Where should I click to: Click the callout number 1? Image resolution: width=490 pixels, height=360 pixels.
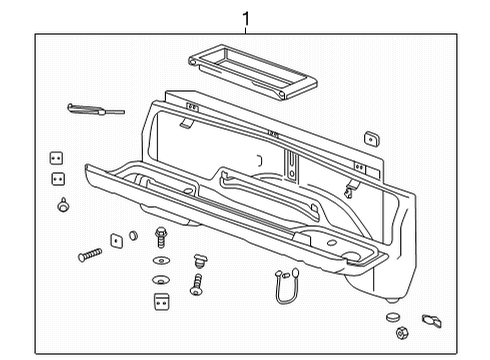245,17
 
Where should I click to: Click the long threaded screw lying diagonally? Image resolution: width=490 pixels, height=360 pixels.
90,255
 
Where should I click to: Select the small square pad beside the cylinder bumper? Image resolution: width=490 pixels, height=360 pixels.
116,239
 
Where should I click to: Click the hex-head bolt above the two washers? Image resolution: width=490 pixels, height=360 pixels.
160,239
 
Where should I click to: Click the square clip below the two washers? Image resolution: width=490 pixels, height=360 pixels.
160,300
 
